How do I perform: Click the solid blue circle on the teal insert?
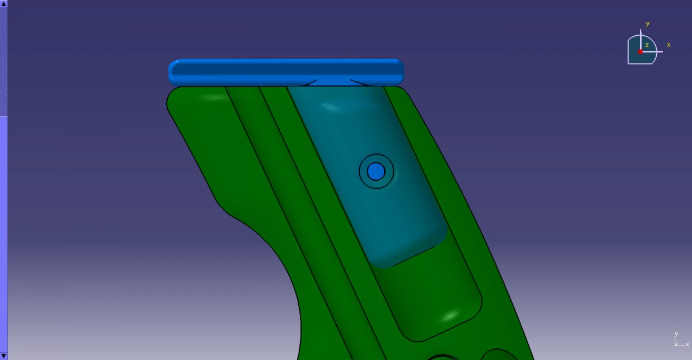tap(376, 171)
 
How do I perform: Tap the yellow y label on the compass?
tap(648, 24)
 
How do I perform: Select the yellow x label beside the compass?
tap(668, 45)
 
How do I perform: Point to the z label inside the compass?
tap(646, 45)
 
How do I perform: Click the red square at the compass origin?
tap(640, 51)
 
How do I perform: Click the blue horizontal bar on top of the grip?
tap(286, 72)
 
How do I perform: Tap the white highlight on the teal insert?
tap(330, 107)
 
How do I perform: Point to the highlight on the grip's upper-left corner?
tap(214, 97)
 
